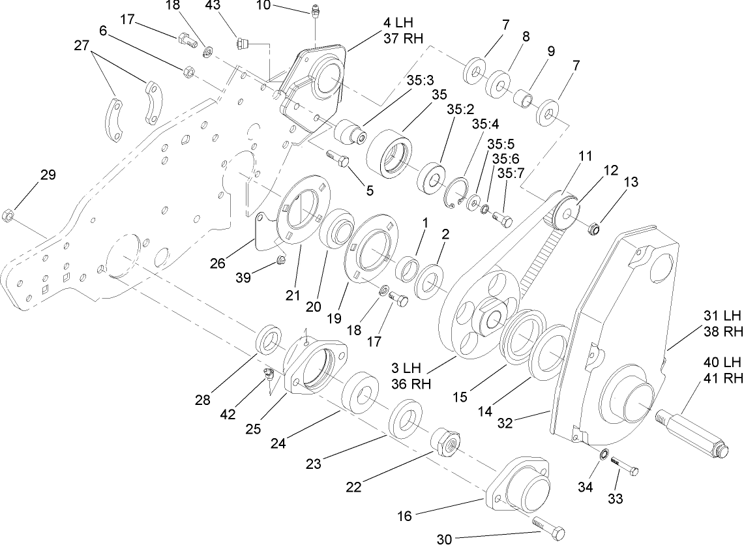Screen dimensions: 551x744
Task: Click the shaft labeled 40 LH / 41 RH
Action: point(692,431)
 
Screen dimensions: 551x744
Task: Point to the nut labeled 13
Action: point(594,228)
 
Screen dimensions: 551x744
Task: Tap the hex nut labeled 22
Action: point(445,443)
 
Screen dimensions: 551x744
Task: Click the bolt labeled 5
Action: point(336,157)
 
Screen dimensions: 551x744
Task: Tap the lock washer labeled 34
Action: point(604,454)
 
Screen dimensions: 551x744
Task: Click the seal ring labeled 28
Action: point(269,341)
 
